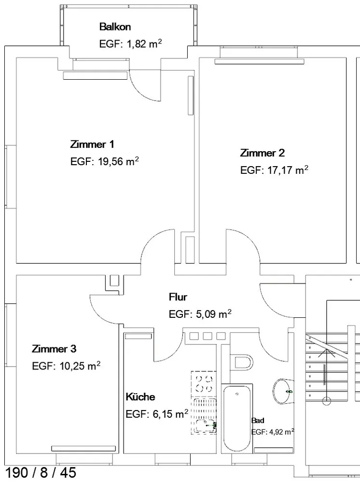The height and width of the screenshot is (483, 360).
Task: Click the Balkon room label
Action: pos(115,27)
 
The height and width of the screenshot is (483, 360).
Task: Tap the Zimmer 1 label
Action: pos(92,144)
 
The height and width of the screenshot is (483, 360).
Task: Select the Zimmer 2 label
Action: pos(262,153)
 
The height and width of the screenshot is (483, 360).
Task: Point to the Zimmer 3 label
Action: pos(54,349)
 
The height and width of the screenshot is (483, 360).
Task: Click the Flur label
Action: pos(178,297)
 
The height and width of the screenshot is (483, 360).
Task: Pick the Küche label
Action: pos(140,397)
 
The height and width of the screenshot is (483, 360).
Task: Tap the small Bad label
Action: pos(258,421)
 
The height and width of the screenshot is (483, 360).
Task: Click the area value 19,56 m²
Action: pos(118,161)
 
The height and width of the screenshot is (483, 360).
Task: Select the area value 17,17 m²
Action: pos(288,170)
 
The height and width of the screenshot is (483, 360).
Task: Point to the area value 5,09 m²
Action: pos(213,314)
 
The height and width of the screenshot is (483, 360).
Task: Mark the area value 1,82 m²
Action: pos(144,44)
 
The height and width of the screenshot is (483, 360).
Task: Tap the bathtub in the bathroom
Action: pos(237,419)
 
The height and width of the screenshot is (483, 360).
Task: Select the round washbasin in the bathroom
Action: pos(283,391)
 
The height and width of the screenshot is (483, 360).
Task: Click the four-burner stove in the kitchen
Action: pos(204,384)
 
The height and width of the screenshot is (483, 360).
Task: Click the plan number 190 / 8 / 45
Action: pos(41,472)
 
